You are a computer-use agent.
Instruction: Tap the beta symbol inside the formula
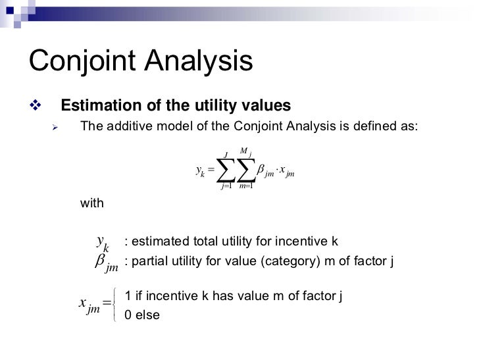[x=260, y=170]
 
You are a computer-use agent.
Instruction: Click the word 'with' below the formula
[x=91, y=204]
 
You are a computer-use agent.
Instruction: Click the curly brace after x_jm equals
[x=116, y=305]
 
